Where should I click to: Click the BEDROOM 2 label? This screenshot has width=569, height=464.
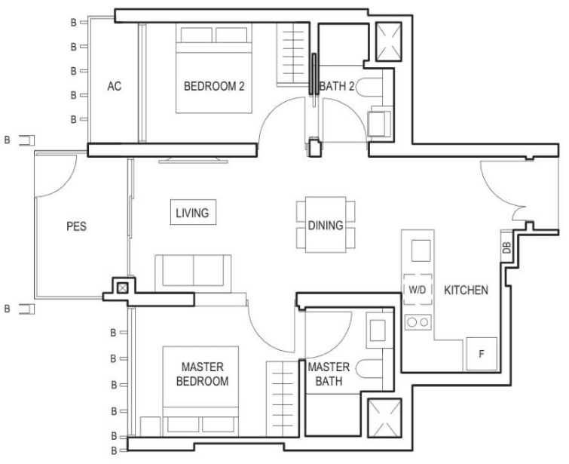pyautogui.click(x=214, y=86)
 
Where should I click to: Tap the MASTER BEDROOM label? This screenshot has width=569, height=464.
pyautogui.click(x=202, y=374)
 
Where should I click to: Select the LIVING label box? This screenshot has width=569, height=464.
pyautogui.click(x=193, y=212)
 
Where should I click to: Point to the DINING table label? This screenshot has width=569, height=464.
pyautogui.click(x=326, y=226)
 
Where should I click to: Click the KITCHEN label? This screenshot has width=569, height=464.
pyautogui.click(x=466, y=290)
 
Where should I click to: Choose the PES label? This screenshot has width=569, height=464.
pyautogui.click(x=77, y=226)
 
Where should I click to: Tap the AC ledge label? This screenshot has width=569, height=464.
pyautogui.click(x=115, y=86)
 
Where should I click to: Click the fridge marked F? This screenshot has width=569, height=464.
pyautogui.click(x=482, y=354)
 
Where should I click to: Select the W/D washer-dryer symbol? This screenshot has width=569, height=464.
pyautogui.click(x=418, y=290)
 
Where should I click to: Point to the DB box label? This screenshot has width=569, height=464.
pyautogui.click(x=506, y=247)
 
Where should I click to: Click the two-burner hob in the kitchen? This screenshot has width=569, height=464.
pyautogui.click(x=418, y=322)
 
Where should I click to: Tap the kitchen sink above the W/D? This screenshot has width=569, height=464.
pyautogui.click(x=421, y=250)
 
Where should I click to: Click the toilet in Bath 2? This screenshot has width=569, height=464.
pyautogui.click(x=369, y=88)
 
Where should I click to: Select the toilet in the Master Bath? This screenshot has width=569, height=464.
pyautogui.click(x=369, y=369)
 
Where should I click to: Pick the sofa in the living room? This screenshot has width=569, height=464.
pyautogui.click(x=193, y=273)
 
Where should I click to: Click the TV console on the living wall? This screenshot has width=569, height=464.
pyautogui.click(x=194, y=160)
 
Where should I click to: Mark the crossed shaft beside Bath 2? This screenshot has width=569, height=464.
pyautogui.click(x=389, y=41)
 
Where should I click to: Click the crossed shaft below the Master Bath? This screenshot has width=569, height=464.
pyautogui.click(x=384, y=418)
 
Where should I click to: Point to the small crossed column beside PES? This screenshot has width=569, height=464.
pyautogui.click(x=123, y=288)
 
